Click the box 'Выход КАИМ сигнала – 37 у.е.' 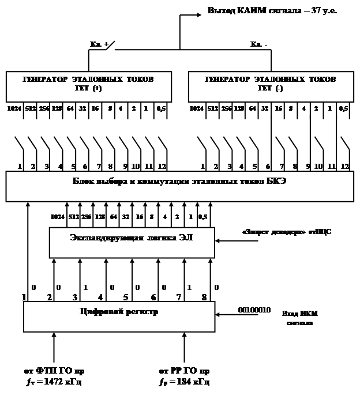tap(272, 10)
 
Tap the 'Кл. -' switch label tap(259, 44)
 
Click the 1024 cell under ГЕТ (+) tap(13, 108)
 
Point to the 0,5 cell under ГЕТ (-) tap(343, 108)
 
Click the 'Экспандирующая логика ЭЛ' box tap(132, 242)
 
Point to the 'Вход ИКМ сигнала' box tap(299, 318)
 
